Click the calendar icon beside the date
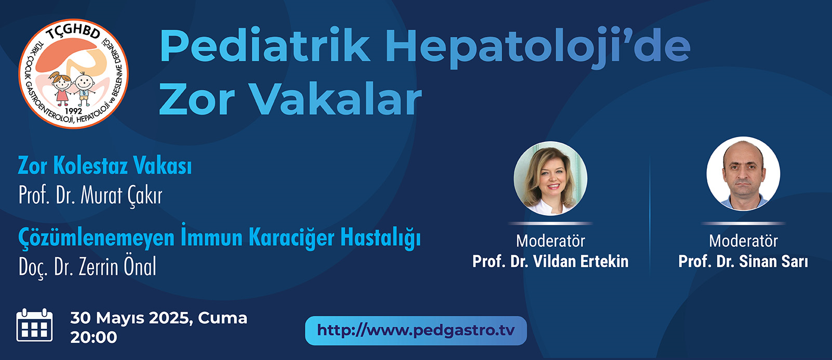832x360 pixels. click(35, 325)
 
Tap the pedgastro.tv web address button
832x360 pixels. click(415, 331)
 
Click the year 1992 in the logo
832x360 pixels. click(73, 111)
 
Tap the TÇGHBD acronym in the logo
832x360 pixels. click(73, 33)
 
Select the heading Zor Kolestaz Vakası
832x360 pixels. click(105, 165)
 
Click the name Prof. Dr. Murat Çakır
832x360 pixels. click(91, 195)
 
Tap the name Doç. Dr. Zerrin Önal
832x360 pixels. click(88, 266)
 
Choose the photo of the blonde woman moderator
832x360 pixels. click(551, 178)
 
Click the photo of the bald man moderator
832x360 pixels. click(743, 174)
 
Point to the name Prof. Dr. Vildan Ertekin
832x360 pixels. click(551, 261)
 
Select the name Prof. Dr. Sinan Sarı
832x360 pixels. click(743, 261)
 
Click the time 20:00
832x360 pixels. click(93, 337)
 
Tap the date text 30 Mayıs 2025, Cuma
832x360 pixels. click(158, 318)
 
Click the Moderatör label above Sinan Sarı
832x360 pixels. click(743, 241)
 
